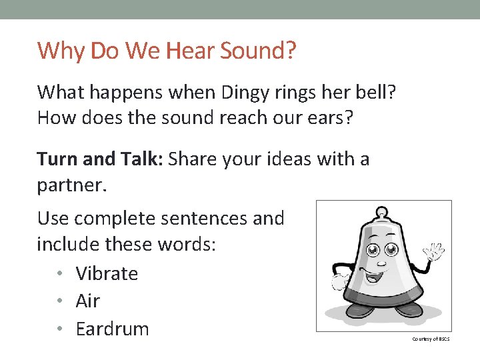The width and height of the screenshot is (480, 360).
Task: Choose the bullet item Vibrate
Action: (x=107, y=273)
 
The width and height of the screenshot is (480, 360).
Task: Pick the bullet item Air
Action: (x=88, y=301)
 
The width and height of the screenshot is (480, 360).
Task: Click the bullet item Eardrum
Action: (x=112, y=329)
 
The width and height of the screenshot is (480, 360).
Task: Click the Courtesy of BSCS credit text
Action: (x=431, y=339)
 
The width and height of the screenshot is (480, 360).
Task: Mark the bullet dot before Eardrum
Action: (x=61, y=329)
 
